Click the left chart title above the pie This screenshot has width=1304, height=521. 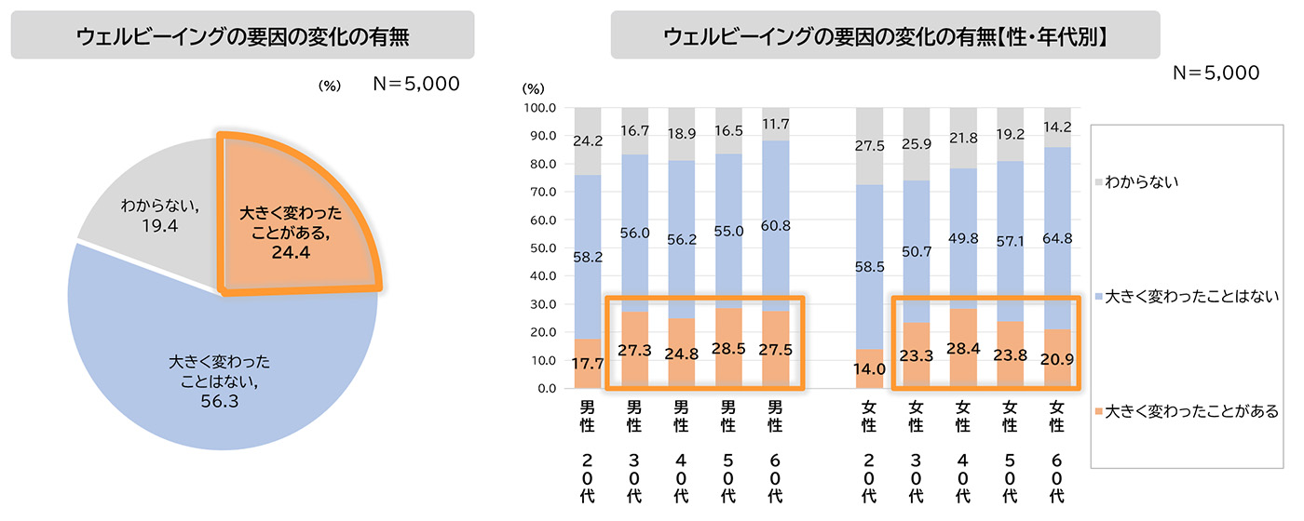coord(242,36)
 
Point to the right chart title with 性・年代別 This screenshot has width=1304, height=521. coord(885,36)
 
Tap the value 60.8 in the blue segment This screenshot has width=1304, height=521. coord(775,224)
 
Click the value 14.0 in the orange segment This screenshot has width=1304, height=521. coord(869,369)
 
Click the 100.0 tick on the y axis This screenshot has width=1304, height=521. coord(541,108)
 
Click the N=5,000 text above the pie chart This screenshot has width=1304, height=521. coord(416,84)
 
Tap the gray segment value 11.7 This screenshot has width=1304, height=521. coord(775,123)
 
